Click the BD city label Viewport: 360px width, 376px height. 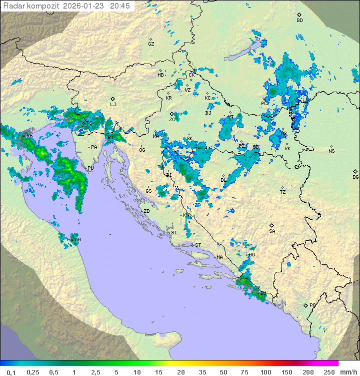point(299,21)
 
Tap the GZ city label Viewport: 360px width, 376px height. point(151,44)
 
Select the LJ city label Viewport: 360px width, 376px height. point(113,105)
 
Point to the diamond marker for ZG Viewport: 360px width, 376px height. point(171,114)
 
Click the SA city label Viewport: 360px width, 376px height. point(272,231)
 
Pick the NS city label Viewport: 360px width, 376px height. point(331,151)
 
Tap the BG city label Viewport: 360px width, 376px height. point(355,177)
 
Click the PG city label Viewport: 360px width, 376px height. point(312,305)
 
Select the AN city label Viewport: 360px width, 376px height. point(78,240)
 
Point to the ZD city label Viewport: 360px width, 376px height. point(146,211)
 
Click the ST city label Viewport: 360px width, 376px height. point(198,245)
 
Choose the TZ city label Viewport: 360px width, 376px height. point(282,192)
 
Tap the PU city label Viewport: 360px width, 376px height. point(90,168)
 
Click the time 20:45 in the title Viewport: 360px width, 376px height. point(120,6)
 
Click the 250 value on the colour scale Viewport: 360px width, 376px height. point(329,372)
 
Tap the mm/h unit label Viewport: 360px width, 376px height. point(348,372)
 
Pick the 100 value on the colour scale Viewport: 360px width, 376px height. point(265,372)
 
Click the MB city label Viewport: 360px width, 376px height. point(160,75)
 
